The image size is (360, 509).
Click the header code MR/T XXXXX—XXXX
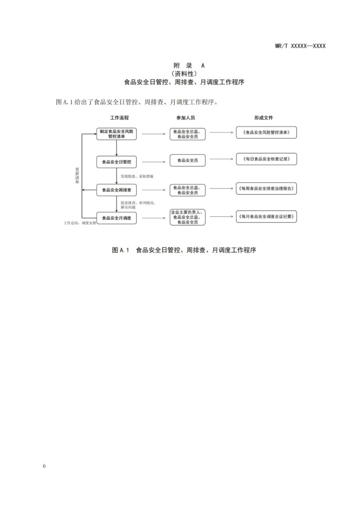(x=300, y=46)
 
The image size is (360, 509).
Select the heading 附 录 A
(x=189, y=66)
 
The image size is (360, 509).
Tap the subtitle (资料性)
(x=184, y=74)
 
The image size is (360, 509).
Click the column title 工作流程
(x=119, y=118)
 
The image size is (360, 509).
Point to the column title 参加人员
(x=186, y=118)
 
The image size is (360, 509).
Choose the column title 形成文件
(x=263, y=118)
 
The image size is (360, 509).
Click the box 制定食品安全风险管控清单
(x=116, y=134)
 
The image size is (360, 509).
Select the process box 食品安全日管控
(x=116, y=162)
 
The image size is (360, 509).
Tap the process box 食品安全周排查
(x=116, y=190)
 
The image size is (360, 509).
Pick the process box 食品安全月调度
(x=116, y=218)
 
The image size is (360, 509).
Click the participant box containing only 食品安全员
(x=187, y=160)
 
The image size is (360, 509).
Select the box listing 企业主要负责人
(x=187, y=217)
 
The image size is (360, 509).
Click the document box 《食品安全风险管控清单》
(x=266, y=132)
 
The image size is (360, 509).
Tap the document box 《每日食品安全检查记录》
(x=266, y=159)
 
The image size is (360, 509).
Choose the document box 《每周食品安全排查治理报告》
(x=266, y=188)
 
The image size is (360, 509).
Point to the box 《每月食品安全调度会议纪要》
(x=266, y=216)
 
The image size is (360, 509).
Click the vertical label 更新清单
(x=77, y=176)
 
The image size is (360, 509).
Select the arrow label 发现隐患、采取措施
(x=137, y=176)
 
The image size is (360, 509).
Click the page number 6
(x=44, y=466)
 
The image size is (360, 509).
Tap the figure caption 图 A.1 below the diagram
(x=184, y=250)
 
